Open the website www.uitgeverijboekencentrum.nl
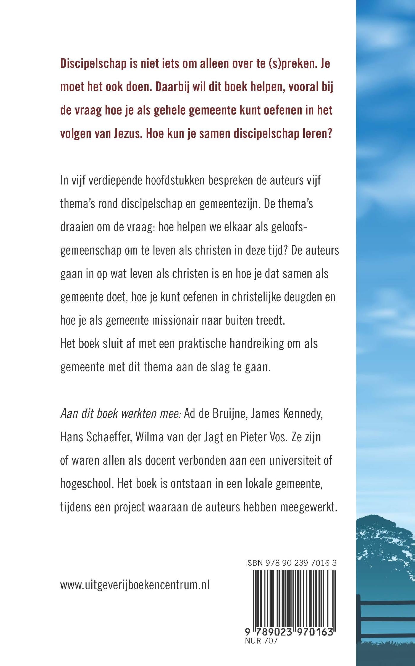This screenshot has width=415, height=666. (x=135, y=585)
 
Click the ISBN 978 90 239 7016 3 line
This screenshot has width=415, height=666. (x=291, y=563)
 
